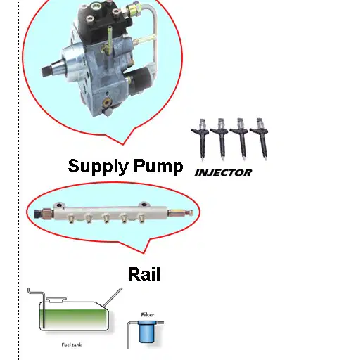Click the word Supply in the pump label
coord(98,167)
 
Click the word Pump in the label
coord(158,167)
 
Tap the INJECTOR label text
coord(223,173)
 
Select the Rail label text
coord(144,274)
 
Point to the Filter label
coord(148,315)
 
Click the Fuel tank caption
coord(72,345)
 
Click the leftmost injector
coord(200,139)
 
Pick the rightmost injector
coord(260,139)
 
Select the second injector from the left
coord(220,139)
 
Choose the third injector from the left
coord(240,139)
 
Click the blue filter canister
coord(147,332)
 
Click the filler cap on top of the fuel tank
coord(56,299)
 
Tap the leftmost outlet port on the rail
coord(71,219)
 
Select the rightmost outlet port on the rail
coord(141,218)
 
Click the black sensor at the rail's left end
coord(37,214)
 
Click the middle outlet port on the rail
coord(106,219)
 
